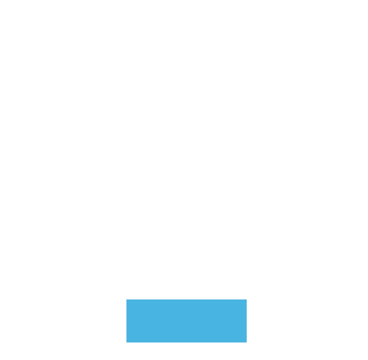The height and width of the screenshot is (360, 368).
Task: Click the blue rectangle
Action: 186,321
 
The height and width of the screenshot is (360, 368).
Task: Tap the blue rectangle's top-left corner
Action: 127,300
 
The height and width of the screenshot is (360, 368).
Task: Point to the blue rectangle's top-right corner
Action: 246,300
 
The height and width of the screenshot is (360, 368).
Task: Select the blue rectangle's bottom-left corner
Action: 127,342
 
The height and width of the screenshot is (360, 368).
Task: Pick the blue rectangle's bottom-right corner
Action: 246,342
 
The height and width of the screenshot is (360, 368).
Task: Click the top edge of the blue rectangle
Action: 186,300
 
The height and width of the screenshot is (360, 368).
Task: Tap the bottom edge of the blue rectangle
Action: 186,342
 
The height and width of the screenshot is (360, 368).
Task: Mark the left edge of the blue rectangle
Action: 127,321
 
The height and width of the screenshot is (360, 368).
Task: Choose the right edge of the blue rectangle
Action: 246,321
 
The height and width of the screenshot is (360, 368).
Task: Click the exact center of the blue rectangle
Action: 186,321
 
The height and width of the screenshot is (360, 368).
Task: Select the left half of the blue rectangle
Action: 156,321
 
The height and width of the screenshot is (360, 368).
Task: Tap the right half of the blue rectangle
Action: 216,321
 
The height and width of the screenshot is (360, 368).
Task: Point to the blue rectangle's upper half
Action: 186,310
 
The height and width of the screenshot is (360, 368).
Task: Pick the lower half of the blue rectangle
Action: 186,331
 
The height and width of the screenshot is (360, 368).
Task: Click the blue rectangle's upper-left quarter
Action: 156,310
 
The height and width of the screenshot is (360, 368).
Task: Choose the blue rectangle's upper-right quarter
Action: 216,310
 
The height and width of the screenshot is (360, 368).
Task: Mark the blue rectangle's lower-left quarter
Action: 156,331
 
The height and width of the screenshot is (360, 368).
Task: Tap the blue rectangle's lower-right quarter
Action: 216,331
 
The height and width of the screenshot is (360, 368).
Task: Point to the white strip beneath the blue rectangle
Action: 186,351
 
